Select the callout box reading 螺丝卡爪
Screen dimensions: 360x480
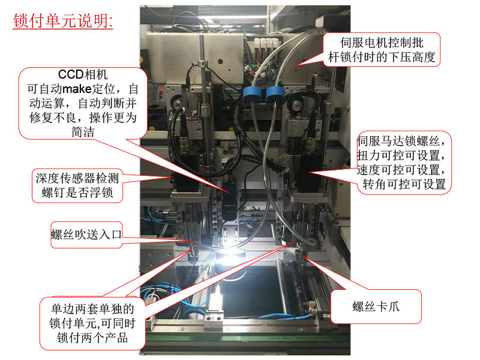click(x=376, y=308)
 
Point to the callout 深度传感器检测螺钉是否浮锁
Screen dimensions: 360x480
click(x=78, y=185)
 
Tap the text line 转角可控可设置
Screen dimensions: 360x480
click(x=404, y=184)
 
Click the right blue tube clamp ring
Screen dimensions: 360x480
click(x=275, y=93)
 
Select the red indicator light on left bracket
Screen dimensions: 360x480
click(x=163, y=91)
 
